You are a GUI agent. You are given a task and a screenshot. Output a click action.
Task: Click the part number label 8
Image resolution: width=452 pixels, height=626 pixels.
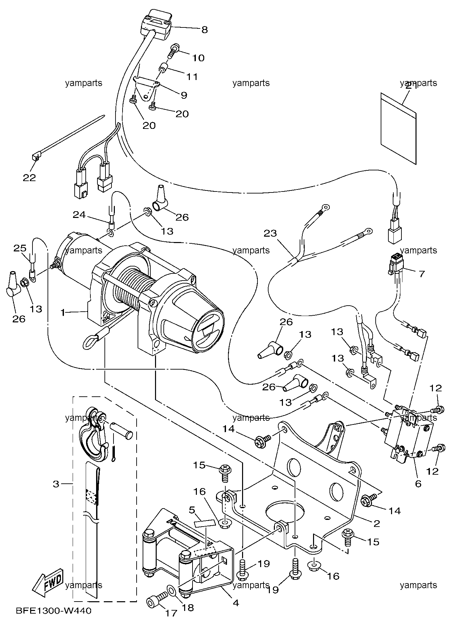204,30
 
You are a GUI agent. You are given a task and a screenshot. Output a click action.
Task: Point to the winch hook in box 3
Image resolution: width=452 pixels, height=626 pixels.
94,435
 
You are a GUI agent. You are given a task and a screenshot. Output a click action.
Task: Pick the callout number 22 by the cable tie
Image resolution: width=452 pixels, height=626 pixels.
29,177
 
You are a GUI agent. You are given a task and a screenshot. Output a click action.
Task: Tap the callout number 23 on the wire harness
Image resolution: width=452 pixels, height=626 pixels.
271,233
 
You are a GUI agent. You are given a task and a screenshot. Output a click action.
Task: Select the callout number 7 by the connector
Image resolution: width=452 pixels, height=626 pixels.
422,274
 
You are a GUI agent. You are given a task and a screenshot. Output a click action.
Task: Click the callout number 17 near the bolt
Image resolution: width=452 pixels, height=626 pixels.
171,613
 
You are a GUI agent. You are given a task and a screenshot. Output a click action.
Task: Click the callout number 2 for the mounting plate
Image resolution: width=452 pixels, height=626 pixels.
377,524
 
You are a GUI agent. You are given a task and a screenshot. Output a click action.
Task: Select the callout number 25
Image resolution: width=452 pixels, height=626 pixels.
20,248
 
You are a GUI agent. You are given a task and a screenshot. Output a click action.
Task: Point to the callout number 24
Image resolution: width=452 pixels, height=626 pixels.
79,214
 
